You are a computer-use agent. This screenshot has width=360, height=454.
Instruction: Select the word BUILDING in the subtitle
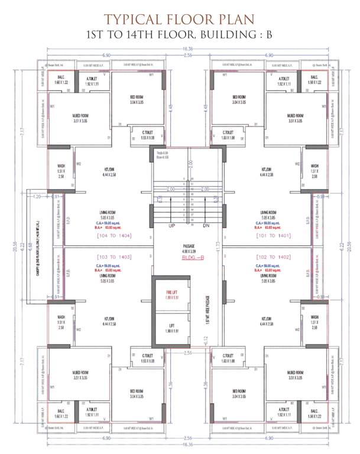pyautogui.click(x=227, y=34)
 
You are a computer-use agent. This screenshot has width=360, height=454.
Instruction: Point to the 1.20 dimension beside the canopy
pyautogui.click(x=38, y=196)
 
